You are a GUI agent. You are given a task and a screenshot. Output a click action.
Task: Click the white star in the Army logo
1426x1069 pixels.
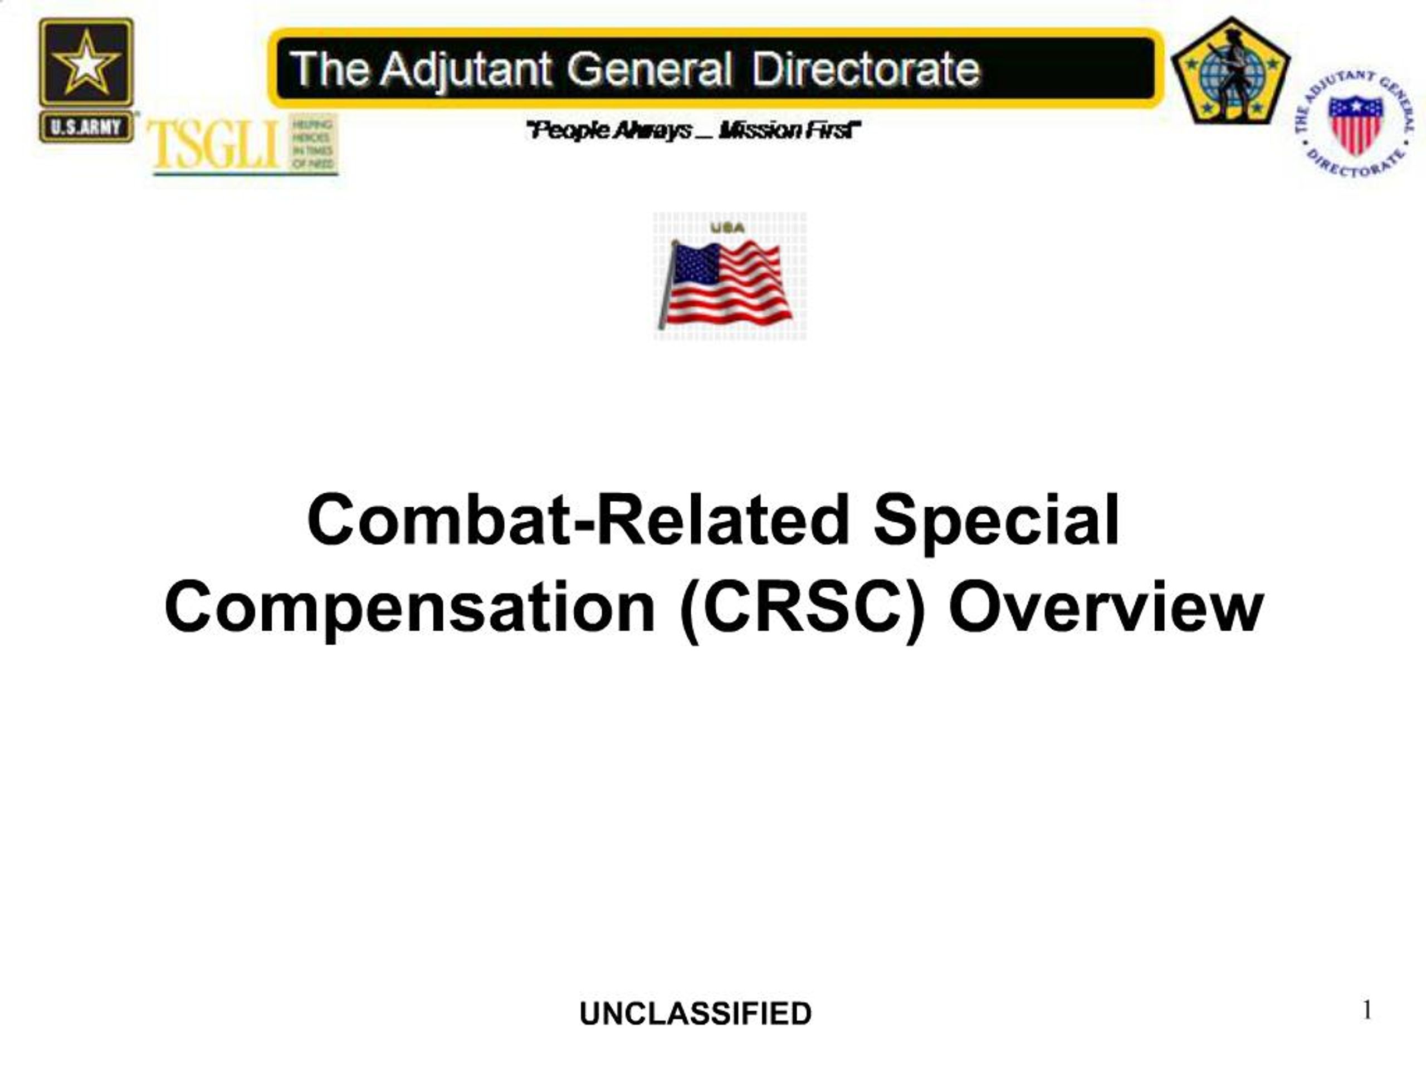point(86,63)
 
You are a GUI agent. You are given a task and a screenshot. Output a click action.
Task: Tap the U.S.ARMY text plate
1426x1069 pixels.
point(86,127)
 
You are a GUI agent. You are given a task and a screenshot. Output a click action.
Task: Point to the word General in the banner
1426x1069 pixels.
point(649,69)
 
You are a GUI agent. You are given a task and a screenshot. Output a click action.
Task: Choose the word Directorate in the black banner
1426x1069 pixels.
point(865,69)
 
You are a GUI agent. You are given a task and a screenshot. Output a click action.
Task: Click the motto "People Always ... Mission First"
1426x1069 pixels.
point(694,131)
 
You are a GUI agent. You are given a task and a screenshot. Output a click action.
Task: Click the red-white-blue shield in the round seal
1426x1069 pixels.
point(1355,123)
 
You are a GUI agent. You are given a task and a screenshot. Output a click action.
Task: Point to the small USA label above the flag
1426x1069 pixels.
point(727,228)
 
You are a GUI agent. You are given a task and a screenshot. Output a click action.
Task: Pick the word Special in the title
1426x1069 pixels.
point(996,519)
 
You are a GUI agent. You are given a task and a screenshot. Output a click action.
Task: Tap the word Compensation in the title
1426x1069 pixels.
point(410,607)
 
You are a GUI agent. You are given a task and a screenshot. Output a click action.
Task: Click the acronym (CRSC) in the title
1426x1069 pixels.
point(803,607)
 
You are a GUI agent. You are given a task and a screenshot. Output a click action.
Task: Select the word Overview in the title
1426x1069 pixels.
point(1106,607)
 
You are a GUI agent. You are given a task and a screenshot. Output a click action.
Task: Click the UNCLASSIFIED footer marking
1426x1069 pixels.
point(695,1013)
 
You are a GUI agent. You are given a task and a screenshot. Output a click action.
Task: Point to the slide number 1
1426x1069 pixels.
point(1367,1010)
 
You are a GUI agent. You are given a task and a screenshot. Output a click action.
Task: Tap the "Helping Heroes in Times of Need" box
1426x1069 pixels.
point(312,144)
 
